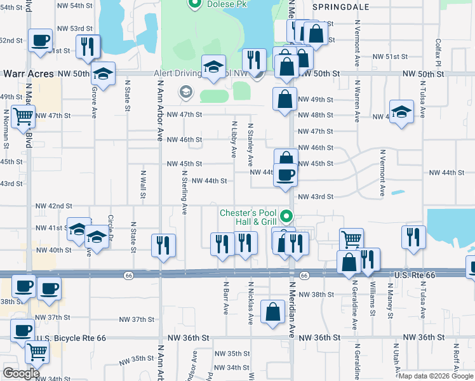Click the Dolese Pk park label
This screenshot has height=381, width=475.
point(219,4)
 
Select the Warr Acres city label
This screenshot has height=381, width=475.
point(27,74)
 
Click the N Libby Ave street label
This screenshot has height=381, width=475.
point(234,140)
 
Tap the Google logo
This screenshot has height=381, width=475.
point(21,373)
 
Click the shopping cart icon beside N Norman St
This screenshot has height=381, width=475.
point(23,117)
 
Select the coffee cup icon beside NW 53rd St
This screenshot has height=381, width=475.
point(40,41)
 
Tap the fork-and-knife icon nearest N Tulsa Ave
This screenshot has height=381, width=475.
point(413,236)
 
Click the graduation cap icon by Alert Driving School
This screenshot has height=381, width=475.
point(214,65)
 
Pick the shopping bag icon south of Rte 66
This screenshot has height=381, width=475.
point(273,312)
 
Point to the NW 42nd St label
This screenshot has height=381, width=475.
point(54,206)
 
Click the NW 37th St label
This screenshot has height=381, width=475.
point(53,317)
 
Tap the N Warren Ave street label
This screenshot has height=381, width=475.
point(358,100)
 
